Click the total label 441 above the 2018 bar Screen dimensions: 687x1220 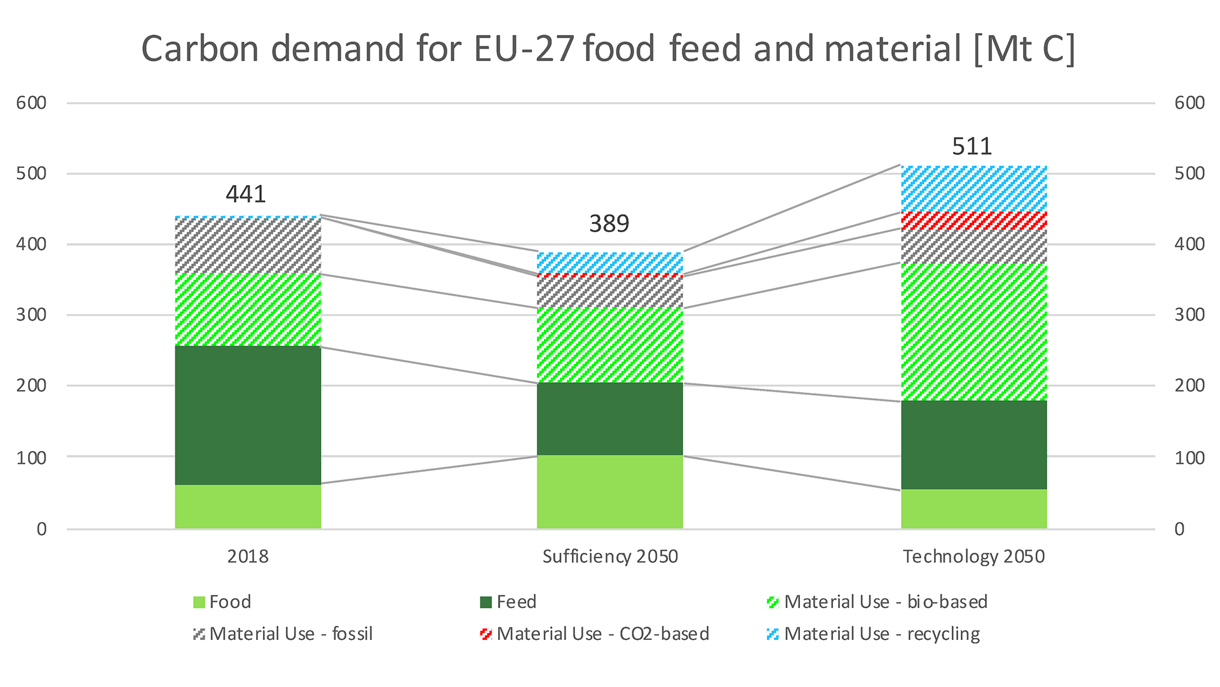(246, 194)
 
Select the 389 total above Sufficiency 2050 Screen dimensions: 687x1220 (609, 224)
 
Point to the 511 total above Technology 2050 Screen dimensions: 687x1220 (972, 146)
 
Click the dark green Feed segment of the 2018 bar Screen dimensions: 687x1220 (248, 415)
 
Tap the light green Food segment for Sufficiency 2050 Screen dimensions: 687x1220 (609, 492)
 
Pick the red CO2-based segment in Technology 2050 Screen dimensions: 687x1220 (973, 221)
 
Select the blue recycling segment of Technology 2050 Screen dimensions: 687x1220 (973, 189)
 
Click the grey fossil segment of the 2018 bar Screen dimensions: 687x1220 (248, 246)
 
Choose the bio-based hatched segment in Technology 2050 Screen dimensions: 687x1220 (973, 331)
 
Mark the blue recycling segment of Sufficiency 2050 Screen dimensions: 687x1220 (609, 263)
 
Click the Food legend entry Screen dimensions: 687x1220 (222, 602)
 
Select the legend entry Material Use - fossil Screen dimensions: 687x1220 (283, 634)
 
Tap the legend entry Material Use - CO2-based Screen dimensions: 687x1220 (595, 634)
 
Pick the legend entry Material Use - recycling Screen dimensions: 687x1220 (874, 634)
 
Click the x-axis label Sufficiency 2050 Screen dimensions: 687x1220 (610, 557)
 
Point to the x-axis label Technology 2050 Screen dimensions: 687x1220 (973, 557)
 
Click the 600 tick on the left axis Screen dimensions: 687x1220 (32, 103)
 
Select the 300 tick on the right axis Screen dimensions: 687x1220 (1189, 315)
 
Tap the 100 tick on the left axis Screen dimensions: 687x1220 (32, 458)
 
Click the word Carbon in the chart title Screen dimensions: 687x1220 (200, 48)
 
